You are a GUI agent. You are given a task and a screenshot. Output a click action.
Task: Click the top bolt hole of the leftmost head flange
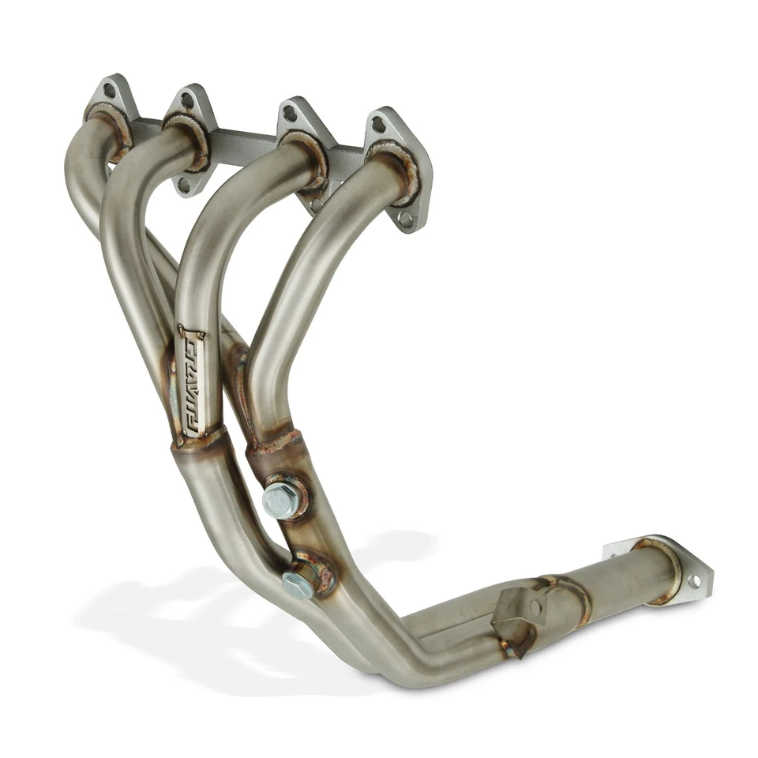pos(109,91)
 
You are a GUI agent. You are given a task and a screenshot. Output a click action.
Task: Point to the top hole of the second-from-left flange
pos(187,100)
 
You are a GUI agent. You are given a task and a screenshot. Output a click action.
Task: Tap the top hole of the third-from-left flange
pos(290,114)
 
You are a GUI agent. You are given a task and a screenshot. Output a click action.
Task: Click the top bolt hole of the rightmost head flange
pos(379,124)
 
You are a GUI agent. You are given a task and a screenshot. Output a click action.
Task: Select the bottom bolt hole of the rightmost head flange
pos(405,220)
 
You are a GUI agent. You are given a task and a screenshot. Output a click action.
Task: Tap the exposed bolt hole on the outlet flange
pos(694,581)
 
